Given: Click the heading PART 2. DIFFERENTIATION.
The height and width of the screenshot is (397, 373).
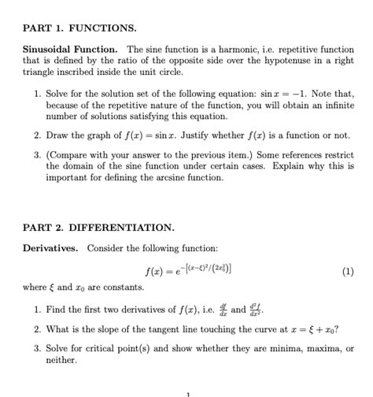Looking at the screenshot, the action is click(x=98, y=228).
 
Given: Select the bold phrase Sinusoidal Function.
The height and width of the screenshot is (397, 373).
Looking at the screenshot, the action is click(x=69, y=50).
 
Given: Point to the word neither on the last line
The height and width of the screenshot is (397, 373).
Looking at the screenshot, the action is click(x=61, y=359).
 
